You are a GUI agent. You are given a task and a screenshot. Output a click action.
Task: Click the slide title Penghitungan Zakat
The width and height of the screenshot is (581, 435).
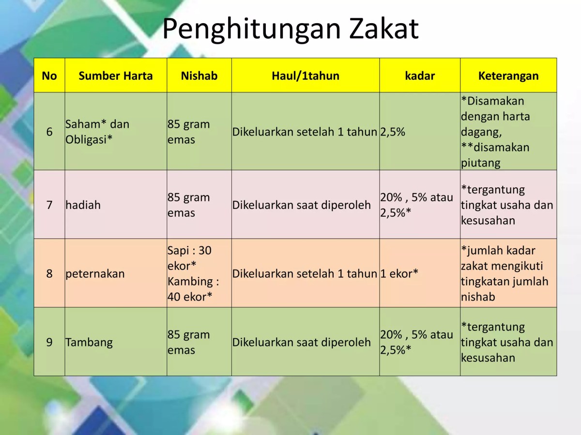tap(290, 29)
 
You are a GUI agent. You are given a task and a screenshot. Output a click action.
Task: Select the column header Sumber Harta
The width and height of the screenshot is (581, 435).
tap(115, 75)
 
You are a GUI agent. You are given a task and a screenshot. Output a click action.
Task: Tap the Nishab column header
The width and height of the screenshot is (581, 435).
tap(199, 75)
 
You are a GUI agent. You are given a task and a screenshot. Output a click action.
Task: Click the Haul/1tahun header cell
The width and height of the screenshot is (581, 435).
tap(305, 75)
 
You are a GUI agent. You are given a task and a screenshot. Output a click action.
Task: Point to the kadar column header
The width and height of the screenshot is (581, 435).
tap(419, 75)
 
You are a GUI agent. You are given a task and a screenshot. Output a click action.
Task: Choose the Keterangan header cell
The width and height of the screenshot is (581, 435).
tap(508, 75)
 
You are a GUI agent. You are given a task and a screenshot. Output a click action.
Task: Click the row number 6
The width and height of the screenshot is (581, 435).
tap(49, 132)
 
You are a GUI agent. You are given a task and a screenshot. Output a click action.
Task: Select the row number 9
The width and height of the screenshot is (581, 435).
tap(49, 342)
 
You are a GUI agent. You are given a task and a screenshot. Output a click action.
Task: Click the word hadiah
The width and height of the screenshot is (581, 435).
tap(83, 205)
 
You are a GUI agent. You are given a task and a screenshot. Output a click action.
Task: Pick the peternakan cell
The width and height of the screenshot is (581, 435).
tap(95, 273)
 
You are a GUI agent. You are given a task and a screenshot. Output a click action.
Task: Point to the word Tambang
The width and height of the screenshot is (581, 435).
tap(89, 342)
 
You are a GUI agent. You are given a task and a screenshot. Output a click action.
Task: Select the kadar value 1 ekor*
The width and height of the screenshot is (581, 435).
tap(399, 273)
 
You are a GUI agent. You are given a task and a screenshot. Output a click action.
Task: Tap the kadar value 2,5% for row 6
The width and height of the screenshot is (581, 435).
tap(393, 132)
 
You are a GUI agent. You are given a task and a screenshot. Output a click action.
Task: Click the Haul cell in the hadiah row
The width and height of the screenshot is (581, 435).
tap(302, 205)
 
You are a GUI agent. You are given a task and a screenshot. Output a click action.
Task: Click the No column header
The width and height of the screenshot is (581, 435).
tap(49, 75)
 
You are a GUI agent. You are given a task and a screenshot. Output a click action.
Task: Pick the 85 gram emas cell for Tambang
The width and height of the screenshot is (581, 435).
tap(189, 342)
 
